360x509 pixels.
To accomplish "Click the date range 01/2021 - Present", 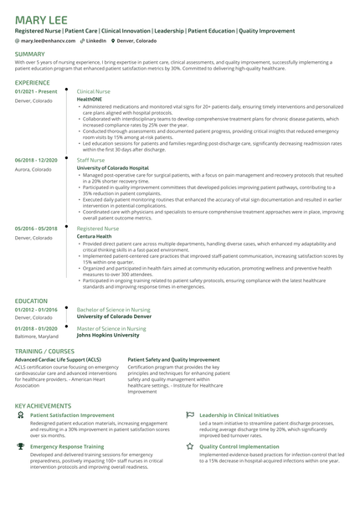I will pyautogui.click(x=35, y=91).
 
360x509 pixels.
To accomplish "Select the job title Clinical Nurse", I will pyautogui.click(x=93, y=91).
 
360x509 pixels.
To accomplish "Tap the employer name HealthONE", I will pyautogui.click(x=90, y=99).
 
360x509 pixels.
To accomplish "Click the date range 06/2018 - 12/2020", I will pyautogui.click(x=36, y=159).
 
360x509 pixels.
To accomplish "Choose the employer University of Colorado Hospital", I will pyautogui.click(x=113, y=167).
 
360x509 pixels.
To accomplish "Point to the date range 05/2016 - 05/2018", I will pyautogui.click(x=36, y=229).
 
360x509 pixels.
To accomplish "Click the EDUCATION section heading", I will pyautogui.click(x=31, y=300).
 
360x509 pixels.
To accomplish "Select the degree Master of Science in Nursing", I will pyautogui.click(x=111, y=328).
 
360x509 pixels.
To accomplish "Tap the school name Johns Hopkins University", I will pyautogui.click(x=108, y=336).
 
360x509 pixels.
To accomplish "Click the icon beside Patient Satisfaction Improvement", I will pyautogui.click(x=20, y=414).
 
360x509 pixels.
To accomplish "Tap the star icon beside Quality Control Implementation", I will pyautogui.click(x=190, y=447).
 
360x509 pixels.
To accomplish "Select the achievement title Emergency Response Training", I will pyautogui.click(x=66, y=447).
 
